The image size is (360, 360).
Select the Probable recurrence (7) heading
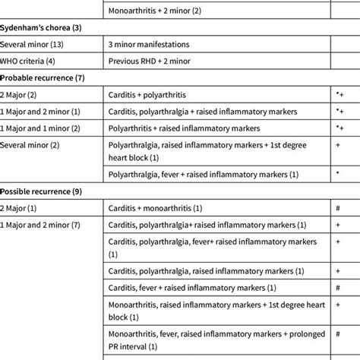42,77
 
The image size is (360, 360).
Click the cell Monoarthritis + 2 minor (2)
155,11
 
